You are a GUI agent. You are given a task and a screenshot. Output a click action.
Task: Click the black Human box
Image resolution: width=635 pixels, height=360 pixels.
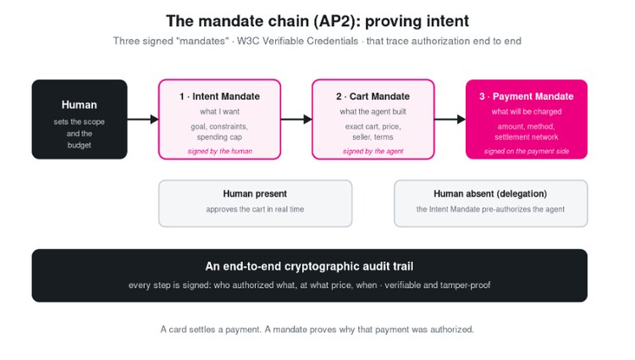point(80,119)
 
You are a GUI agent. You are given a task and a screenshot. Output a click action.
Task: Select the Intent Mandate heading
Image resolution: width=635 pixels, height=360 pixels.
point(219,97)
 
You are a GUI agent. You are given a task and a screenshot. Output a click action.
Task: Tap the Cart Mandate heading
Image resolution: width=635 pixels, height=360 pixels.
point(373,97)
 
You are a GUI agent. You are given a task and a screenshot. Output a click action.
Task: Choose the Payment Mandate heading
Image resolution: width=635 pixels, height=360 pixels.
point(527,97)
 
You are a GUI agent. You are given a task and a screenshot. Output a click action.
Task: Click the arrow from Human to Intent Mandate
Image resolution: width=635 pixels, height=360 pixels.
point(142,119)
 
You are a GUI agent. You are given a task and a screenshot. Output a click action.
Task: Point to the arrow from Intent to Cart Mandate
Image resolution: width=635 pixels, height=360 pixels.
point(296,119)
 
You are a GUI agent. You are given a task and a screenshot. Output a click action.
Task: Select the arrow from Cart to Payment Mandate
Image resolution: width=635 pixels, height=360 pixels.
point(450,119)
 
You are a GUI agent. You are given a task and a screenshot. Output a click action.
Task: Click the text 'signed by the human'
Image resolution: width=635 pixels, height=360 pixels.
point(220,151)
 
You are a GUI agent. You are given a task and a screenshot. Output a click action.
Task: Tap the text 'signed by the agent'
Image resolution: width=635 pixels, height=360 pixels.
point(373,151)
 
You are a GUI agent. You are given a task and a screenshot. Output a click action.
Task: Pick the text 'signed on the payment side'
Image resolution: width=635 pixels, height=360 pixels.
point(527,151)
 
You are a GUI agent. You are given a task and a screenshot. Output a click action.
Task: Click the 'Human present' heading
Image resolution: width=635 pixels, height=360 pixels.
point(255,194)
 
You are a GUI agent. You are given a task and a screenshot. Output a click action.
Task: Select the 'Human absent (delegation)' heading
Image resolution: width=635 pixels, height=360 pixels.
point(490,194)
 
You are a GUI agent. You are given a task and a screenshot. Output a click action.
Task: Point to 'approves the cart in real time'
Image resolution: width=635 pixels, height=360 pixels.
point(255,209)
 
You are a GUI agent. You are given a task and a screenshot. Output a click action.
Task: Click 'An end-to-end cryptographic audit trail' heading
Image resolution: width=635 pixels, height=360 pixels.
point(309,266)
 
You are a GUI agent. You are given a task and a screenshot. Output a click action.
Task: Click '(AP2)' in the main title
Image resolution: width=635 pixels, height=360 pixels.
point(336,21)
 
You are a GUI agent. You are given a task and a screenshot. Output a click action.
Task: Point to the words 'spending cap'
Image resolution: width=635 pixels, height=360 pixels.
point(219,137)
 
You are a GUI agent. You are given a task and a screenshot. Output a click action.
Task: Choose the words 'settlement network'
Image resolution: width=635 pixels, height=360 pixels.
point(527,137)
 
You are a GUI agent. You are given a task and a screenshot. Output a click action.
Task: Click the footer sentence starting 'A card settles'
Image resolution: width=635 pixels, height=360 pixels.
point(317,330)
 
